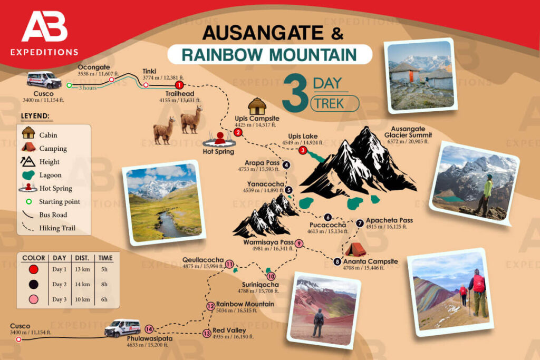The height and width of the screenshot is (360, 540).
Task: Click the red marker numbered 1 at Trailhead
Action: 179,84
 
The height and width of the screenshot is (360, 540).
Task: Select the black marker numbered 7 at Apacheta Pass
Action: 360,223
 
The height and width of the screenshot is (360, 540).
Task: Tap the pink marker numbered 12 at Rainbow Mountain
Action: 211,306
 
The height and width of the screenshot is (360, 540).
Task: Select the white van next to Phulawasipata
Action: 122,328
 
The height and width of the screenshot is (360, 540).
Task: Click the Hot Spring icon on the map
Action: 220,140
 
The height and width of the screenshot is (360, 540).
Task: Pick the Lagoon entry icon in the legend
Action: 28,175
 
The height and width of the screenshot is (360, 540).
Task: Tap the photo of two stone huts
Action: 420,76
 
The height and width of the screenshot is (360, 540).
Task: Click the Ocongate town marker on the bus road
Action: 111,80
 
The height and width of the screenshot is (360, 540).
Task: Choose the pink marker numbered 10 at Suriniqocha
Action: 271,276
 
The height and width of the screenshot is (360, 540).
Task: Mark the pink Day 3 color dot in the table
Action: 34,299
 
